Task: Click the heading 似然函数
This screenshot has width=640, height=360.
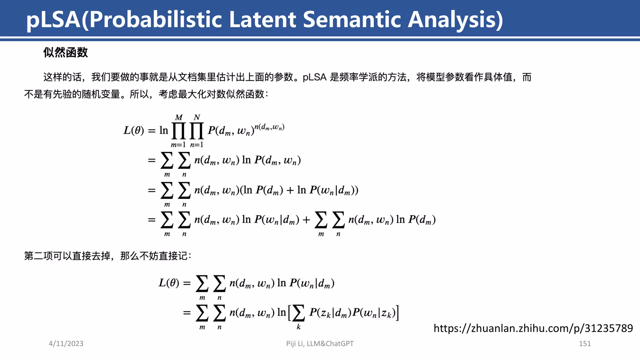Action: pyautogui.click(x=66, y=52)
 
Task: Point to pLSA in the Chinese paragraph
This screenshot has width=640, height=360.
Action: pyautogui.click(x=314, y=77)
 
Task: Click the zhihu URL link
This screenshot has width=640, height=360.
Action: pyautogui.click(x=533, y=328)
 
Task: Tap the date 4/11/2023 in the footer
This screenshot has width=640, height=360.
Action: pyautogui.click(x=66, y=343)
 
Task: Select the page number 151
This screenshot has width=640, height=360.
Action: pyautogui.click(x=585, y=343)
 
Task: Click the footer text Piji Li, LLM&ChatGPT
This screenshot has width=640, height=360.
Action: pyautogui.click(x=320, y=343)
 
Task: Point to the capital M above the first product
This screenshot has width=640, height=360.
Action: pyautogui.click(x=179, y=117)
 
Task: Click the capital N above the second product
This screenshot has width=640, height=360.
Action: pyautogui.click(x=197, y=117)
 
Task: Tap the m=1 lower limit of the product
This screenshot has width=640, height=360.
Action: pyautogui.click(x=178, y=145)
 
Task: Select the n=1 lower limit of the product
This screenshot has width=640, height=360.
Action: pyautogui.click(x=197, y=145)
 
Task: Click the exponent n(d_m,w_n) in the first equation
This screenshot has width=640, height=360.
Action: pyautogui.click(x=269, y=127)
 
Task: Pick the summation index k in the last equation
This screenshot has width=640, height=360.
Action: pyautogui.click(x=298, y=327)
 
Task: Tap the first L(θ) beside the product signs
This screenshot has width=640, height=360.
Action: pyautogui.click(x=134, y=130)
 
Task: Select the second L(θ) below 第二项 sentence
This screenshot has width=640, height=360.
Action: pyautogui.click(x=169, y=283)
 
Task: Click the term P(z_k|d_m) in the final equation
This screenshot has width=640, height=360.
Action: pyautogui.click(x=330, y=312)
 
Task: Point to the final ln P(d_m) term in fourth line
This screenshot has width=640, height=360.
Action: pyautogui.click(x=416, y=220)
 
